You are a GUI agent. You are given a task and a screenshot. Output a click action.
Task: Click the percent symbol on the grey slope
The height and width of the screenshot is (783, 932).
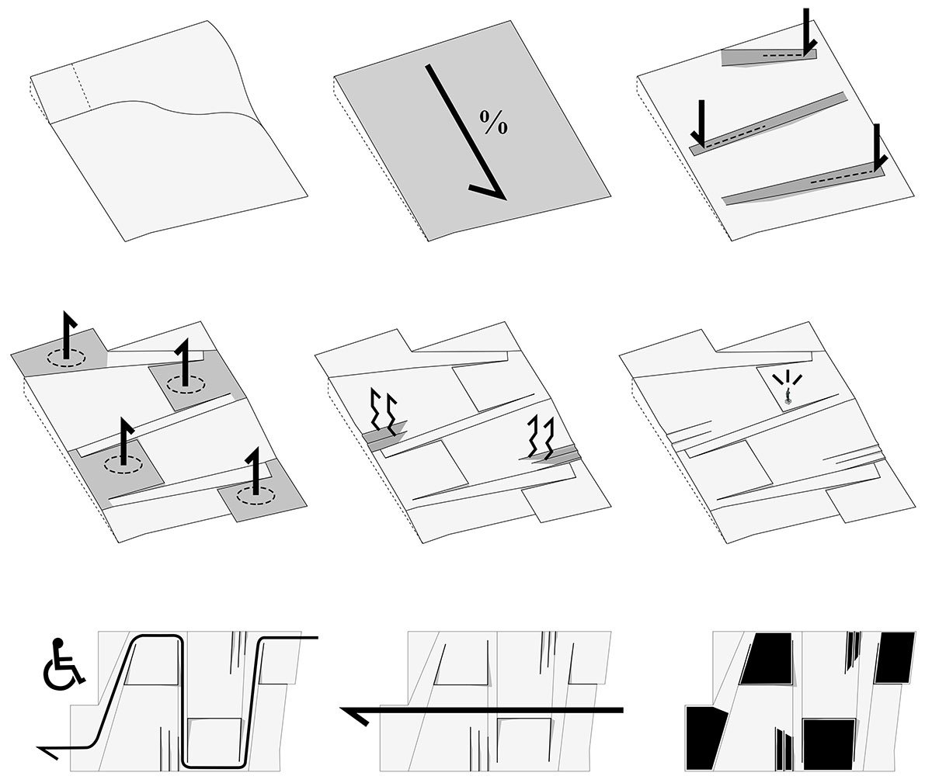coord(493,123)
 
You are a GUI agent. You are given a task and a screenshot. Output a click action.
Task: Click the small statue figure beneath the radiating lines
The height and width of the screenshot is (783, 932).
coord(788,400)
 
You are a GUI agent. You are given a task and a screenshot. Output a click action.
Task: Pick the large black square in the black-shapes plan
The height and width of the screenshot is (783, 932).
coord(829,743)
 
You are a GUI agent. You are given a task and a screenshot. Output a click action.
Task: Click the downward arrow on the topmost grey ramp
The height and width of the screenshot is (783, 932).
coord(807,31)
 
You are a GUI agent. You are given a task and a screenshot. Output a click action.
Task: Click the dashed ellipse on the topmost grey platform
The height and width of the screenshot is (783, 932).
coord(65,358)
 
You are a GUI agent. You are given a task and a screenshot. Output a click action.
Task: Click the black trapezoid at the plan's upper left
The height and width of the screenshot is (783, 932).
coord(767,658)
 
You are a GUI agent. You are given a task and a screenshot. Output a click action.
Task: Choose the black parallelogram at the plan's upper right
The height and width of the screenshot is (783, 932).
coord(895,657)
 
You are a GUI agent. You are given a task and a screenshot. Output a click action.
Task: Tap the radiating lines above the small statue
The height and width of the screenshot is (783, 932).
coord(788,379)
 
